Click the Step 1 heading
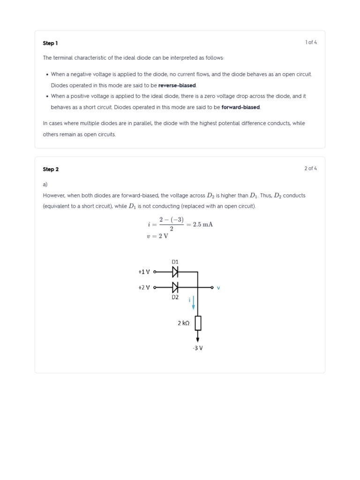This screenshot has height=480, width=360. pos(50,43)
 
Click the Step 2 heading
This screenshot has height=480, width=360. pos(51,169)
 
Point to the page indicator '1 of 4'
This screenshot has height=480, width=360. pos(311,43)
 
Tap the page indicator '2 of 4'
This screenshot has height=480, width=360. pos(310,169)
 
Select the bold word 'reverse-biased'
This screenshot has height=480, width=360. pos(177,85)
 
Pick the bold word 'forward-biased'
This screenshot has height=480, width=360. pos(240,107)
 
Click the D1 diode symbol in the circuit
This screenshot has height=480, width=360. pos(175,272)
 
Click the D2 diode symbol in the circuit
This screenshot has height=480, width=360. pos(175,287)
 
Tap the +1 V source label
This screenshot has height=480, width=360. pos(144,272)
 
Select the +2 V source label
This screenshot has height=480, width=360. pos(144,287)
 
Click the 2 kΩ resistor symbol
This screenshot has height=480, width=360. pos(198,323)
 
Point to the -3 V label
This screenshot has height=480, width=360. pos(198,348)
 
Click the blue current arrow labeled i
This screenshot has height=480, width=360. pos(193,303)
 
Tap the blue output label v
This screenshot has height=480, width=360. pos(218,288)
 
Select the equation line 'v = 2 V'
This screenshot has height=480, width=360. pos(157,236)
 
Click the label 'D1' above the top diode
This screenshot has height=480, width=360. pos(175,262)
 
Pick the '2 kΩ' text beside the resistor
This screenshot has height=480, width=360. pos(183,323)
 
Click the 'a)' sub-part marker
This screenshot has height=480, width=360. pos(45,185)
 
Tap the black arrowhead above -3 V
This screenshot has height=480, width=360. pos(198,339)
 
